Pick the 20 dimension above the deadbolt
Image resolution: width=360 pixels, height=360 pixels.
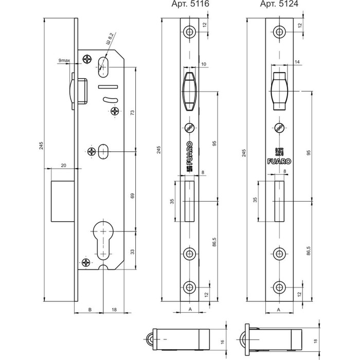pos(63,165)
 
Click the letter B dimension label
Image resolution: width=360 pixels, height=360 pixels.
pos(90,310)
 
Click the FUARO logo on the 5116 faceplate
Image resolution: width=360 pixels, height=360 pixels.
pos(190,154)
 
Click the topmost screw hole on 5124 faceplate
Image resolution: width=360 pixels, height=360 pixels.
pos(278,32)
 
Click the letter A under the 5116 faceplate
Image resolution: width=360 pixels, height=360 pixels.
pos(190,310)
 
